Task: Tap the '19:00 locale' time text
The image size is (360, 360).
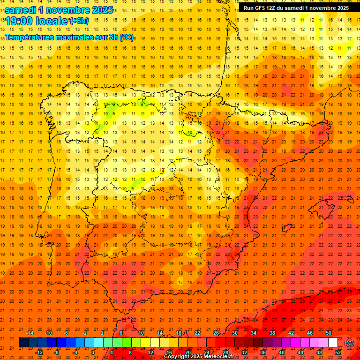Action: pyautogui.click(x=36, y=21)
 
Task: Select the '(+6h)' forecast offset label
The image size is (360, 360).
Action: pyautogui.click(x=78, y=21)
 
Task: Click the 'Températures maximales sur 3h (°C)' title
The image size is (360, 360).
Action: pyautogui.click(x=68, y=37)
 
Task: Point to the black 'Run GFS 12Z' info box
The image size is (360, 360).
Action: pyautogui.click(x=296, y=8)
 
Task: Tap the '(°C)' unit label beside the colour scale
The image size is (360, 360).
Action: pyautogui.click(x=349, y=343)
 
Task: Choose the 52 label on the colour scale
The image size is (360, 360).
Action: pyautogui.click(x=338, y=352)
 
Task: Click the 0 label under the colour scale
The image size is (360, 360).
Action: pyautogui.click(x=93, y=352)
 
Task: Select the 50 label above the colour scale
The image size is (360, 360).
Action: pyautogui.click(x=329, y=333)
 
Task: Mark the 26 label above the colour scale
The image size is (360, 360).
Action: pyautogui.click(x=216, y=333)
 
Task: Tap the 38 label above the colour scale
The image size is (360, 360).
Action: pyautogui.click(x=272, y=333)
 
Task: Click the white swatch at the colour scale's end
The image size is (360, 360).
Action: pyautogui.click(x=333, y=343)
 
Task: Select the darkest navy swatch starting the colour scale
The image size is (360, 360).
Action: pyautogui.click(x=23, y=343)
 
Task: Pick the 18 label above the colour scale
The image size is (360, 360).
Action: pyautogui.click(x=179, y=333)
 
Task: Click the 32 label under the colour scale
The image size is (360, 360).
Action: pyautogui.click(x=244, y=352)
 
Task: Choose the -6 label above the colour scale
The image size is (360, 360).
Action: pyautogui.click(x=67, y=333)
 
